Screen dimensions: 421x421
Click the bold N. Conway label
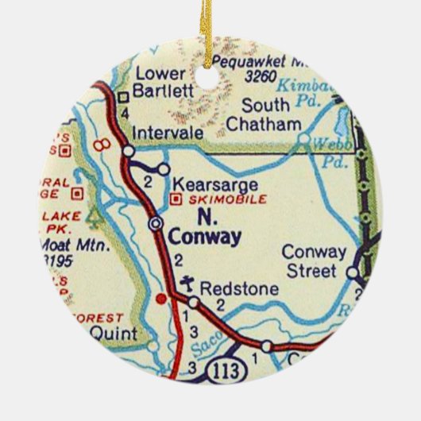click(205, 227)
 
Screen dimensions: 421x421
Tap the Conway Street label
click(315, 262)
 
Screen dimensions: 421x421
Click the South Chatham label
click(264, 115)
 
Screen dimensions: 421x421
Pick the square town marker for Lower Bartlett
click(123, 98)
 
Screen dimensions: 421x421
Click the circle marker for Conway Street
click(353, 272)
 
